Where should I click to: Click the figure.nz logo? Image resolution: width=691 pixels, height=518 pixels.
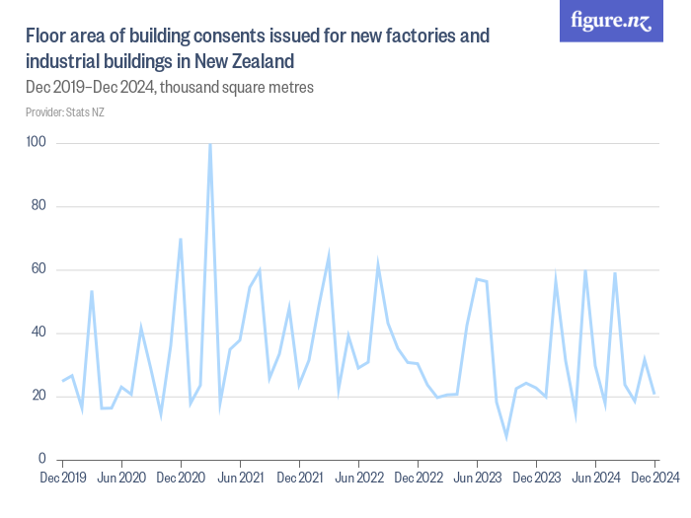[x=611, y=22]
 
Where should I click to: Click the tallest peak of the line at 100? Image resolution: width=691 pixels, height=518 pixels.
[x=210, y=144]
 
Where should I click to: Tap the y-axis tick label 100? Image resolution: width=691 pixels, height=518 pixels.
[x=38, y=143]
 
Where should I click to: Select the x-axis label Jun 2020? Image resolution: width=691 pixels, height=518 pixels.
[x=121, y=478]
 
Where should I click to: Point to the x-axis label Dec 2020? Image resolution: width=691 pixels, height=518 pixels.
[x=181, y=478]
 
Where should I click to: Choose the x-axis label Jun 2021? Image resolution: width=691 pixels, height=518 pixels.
[x=240, y=478]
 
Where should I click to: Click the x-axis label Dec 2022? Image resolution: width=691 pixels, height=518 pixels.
[x=418, y=478]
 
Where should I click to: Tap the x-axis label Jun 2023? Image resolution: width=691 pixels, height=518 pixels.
[x=477, y=478]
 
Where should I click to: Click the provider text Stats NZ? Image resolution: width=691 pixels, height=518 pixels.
[x=85, y=112]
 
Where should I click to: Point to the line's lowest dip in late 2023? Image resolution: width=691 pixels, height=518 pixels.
[x=506, y=436]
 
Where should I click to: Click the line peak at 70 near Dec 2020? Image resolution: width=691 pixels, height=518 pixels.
[x=181, y=239]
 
